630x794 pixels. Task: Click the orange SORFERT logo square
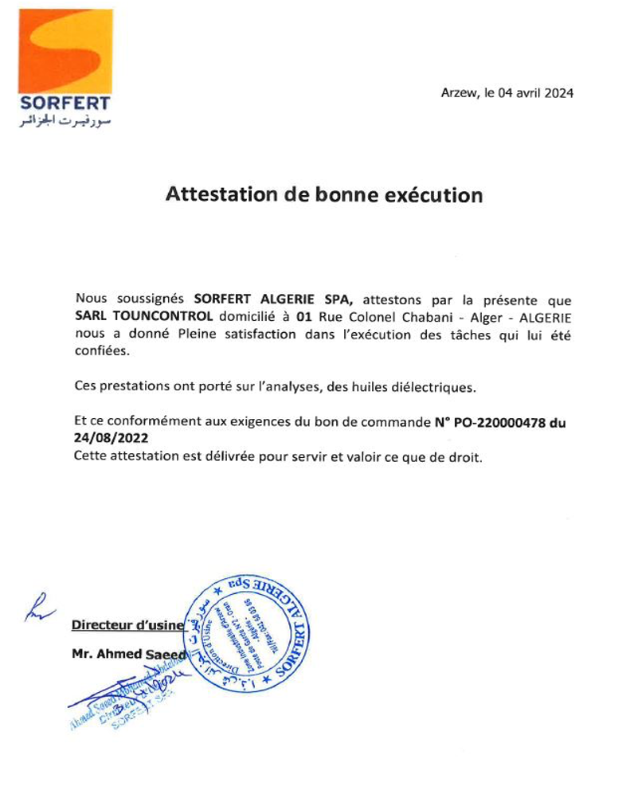pyautogui.click(x=65, y=51)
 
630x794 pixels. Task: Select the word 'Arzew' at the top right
pyautogui.click(x=458, y=93)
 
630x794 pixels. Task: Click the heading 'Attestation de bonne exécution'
pyautogui.click(x=323, y=194)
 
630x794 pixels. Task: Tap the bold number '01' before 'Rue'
pyautogui.click(x=302, y=316)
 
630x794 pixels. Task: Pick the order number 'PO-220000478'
pyautogui.click(x=500, y=423)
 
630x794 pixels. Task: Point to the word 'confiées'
pyautogui.click(x=100, y=350)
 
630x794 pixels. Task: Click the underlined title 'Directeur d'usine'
pyautogui.click(x=127, y=625)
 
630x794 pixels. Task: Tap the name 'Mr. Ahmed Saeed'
pyautogui.click(x=127, y=655)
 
